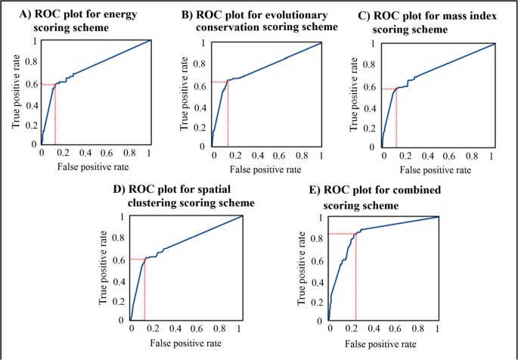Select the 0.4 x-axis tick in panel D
click(175, 330)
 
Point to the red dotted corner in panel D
click(144, 259)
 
